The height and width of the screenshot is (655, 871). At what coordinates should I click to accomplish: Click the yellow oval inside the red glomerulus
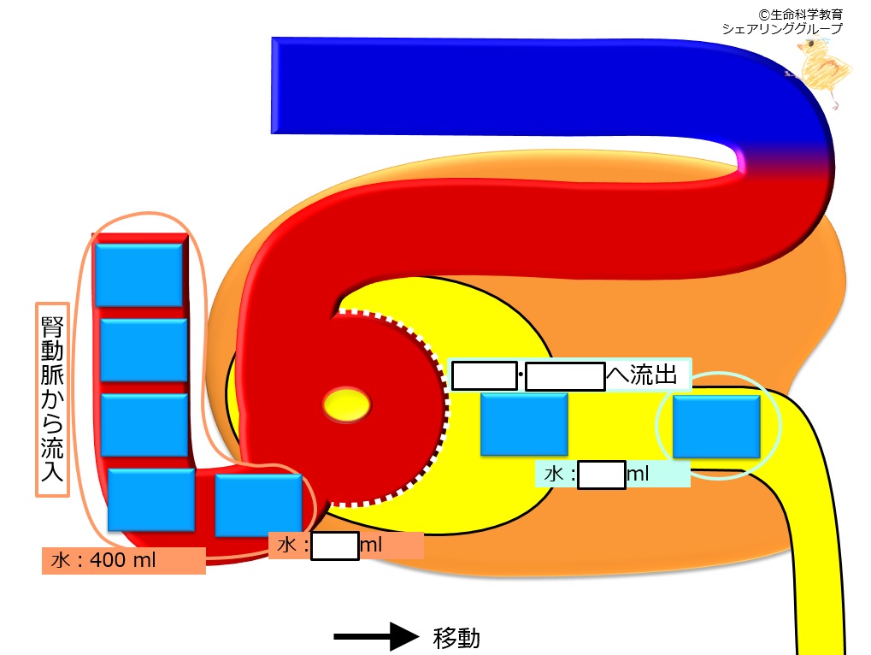(x=347, y=404)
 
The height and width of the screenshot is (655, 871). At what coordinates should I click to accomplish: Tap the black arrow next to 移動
(x=376, y=636)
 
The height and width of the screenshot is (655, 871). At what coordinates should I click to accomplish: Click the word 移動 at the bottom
(x=456, y=638)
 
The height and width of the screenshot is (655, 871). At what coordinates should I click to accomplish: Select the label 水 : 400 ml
(x=103, y=560)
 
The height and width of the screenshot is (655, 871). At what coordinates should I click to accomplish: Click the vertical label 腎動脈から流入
(x=52, y=398)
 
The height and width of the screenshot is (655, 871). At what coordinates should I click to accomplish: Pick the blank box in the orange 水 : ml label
(x=334, y=546)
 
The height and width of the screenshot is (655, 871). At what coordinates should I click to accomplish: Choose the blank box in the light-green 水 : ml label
(x=602, y=475)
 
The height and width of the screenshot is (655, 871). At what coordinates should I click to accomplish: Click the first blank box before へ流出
(x=485, y=375)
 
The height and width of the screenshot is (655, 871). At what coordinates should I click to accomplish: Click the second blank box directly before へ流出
(x=565, y=376)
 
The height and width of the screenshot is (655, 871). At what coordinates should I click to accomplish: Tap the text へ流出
(x=642, y=375)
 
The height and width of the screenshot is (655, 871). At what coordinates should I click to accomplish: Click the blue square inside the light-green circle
(x=716, y=426)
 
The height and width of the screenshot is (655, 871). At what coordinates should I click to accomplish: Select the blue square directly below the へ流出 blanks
(x=524, y=424)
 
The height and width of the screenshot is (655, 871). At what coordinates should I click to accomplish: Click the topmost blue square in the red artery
(x=138, y=275)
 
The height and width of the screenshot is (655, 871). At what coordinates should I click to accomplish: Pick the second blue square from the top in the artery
(x=144, y=350)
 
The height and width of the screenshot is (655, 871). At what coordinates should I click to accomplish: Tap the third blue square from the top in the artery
(x=144, y=425)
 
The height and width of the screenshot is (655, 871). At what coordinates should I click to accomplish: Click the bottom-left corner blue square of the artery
(x=151, y=499)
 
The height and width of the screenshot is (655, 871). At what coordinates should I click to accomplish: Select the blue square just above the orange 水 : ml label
(x=258, y=505)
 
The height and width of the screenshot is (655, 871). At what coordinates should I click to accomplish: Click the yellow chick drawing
(x=824, y=72)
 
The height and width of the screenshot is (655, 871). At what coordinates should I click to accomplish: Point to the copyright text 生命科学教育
(x=806, y=15)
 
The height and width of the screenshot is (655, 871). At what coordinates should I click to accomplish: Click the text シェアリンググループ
(x=782, y=28)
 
